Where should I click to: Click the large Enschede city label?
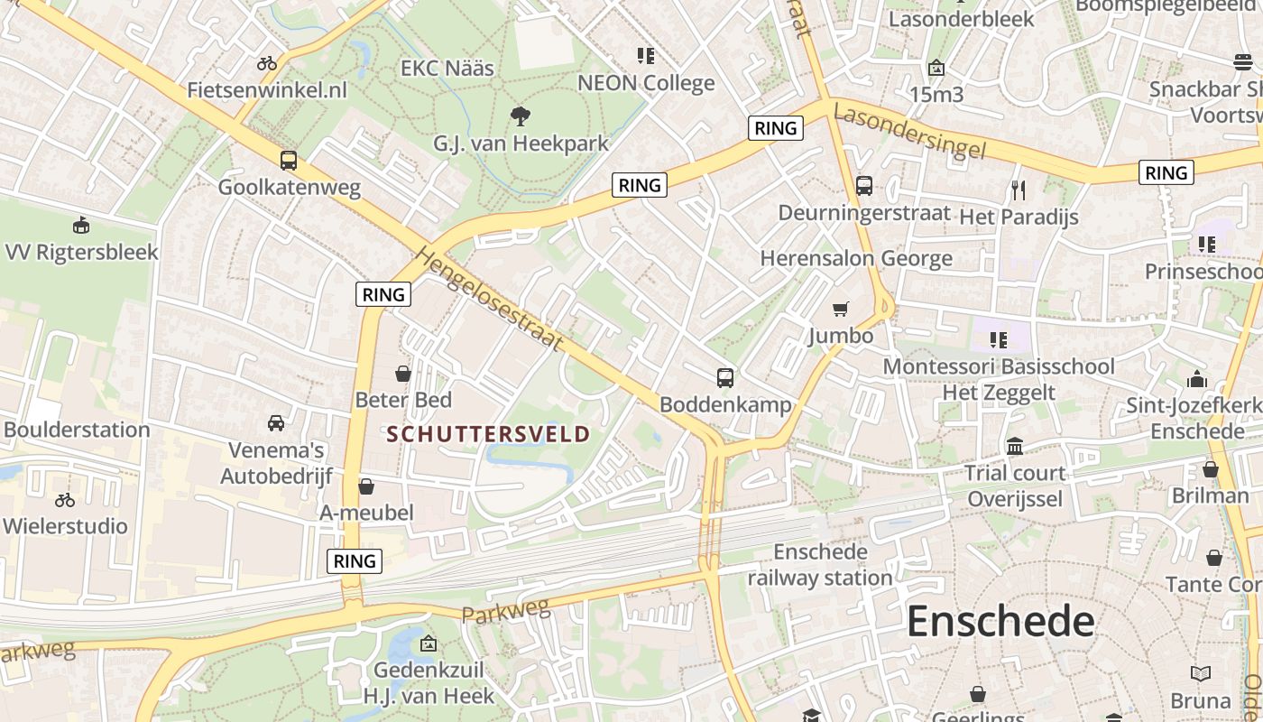(1000, 622)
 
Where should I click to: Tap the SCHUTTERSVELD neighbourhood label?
(488, 434)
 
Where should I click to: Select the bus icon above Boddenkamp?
(725, 378)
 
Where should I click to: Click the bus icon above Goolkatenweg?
(289, 161)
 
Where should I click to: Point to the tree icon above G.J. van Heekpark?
(520, 116)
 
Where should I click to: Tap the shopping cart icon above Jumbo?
(841, 310)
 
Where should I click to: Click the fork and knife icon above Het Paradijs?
(1019, 190)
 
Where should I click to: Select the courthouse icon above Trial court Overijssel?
(1015, 447)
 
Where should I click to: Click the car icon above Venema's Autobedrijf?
(276, 422)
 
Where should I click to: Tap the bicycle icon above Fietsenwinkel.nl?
(267, 63)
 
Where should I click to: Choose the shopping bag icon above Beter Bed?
(403, 373)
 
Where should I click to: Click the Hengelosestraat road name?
(490, 299)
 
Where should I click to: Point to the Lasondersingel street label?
(908, 131)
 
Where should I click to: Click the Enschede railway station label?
(820, 564)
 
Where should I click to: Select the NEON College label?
(646, 83)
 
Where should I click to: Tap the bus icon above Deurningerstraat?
(864, 186)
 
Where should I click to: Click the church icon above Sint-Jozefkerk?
(1197, 379)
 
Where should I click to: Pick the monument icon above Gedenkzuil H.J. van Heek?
(429, 643)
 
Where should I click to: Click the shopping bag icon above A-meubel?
(366, 487)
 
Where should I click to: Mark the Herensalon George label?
(856, 258)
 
